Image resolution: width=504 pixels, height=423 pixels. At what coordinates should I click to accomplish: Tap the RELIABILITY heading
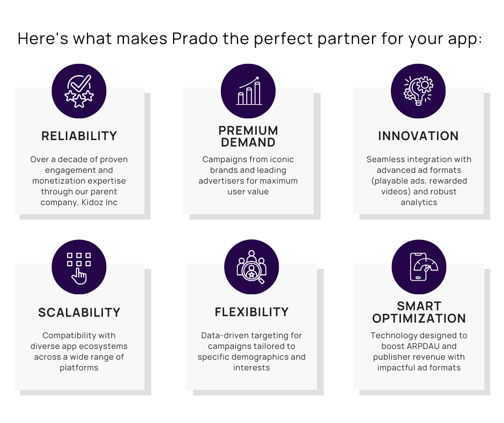tap(79, 136)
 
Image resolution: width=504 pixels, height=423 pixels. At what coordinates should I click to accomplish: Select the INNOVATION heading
tap(418, 136)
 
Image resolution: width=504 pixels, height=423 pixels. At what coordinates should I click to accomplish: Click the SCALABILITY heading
tap(79, 312)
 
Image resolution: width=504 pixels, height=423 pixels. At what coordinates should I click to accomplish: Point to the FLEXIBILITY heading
tap(251, 312)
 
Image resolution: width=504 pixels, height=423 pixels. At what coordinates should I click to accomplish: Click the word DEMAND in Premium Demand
tap(248, 143)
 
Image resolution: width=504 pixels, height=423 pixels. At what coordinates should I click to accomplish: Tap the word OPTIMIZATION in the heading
tap(419, 319)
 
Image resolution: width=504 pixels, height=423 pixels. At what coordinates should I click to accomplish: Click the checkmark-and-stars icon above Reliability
tap(79, 91)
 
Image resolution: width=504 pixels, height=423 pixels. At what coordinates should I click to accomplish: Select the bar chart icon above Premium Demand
tap(248, 91)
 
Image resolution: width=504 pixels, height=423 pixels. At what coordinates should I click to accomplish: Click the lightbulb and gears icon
tap(418, 91)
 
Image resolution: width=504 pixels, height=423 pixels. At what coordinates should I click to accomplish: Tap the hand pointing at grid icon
tap(79, 267)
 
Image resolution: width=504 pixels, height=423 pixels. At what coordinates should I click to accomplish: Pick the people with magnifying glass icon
tap(251, 267)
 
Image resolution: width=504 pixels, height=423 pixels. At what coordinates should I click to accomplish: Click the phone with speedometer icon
tap(419, 267)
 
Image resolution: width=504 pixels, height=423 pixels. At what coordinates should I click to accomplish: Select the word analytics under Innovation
tap(419, 202)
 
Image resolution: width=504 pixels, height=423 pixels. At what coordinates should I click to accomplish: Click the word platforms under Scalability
tap(79, 368)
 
